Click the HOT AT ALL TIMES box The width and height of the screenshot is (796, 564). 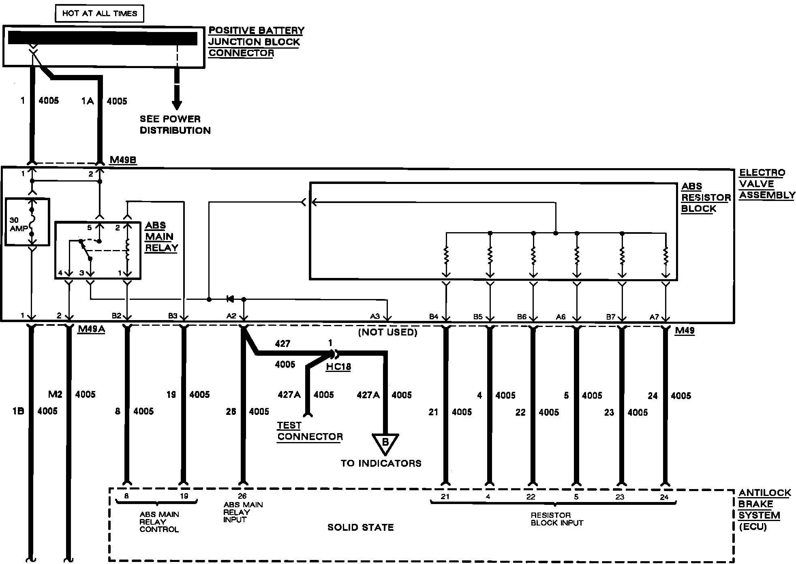tap(99, 13)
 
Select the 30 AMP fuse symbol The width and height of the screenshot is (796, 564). tap(31, 222)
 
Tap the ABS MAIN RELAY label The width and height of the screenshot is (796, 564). tap(161, 237)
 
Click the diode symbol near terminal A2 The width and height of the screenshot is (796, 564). tap(230, 299)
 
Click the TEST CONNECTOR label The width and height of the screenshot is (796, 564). tap(310, 431)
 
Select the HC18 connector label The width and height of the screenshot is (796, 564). tap(338, 367)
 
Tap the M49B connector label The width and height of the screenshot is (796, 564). tap(123, 160)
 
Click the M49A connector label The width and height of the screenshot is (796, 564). tap(91, 329)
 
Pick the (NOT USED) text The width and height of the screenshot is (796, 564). tap(388, 332)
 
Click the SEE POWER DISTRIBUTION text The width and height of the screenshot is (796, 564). tap(175, 125)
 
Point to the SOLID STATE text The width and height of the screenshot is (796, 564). tap(360, 527)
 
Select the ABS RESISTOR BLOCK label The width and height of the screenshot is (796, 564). tap(706, 197)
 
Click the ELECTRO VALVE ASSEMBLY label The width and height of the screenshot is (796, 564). tap(767, 184)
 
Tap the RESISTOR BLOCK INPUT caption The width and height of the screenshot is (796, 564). tap(557, 519)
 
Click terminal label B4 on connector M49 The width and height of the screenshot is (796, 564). tap(434, 316)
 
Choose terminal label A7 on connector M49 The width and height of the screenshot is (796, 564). tap(654, 316)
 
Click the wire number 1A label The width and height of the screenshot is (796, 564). tap(88, 101)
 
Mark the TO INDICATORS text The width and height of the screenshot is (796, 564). tap(381, 463)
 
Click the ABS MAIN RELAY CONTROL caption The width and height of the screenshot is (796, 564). tap(159, 521)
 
